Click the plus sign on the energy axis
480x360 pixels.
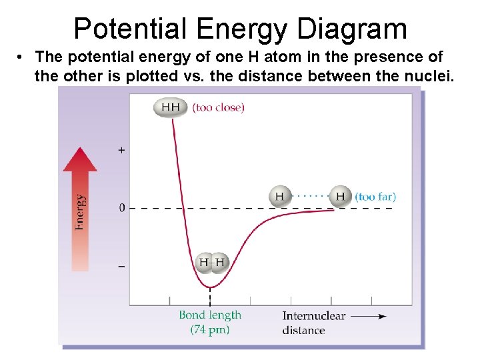[121, 151]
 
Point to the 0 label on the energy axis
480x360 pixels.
[121, 209]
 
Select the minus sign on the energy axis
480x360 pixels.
[121, 266]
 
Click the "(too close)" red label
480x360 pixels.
[218, 107]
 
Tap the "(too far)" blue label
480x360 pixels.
[375, 197]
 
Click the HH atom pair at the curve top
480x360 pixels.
[171, 107]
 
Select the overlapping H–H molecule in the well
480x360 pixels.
[212, 263]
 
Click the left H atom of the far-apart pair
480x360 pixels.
[280, 197]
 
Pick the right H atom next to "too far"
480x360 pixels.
[340, 197]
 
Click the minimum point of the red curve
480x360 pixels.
[210, 287]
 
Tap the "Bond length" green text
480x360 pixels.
[210, 315]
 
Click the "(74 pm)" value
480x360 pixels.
[210, 329]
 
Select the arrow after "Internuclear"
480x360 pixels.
[369, 316]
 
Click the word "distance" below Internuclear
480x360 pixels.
[303, 330]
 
